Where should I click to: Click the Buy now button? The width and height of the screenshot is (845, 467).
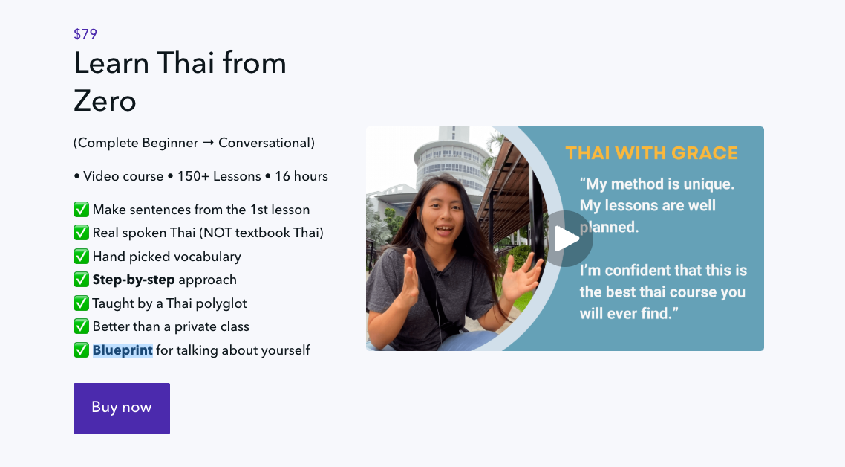tap(122, 408)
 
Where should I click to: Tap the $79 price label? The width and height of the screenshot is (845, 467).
tap(85, 33)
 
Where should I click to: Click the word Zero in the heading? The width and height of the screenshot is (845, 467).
tap(105, 100)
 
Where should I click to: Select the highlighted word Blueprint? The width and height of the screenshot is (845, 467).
tap(123, 350)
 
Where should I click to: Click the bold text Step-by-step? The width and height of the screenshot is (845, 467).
tap(133, 280)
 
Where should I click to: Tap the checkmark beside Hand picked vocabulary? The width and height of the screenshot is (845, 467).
tap(82, 257)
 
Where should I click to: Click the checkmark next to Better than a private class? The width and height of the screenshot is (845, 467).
tap(82, 326)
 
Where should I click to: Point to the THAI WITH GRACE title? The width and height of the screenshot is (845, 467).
tap(651, 154)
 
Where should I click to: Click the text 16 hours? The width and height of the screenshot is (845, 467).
tap(301, 176)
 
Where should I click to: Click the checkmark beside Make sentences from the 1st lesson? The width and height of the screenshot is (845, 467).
tap(82, 210)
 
